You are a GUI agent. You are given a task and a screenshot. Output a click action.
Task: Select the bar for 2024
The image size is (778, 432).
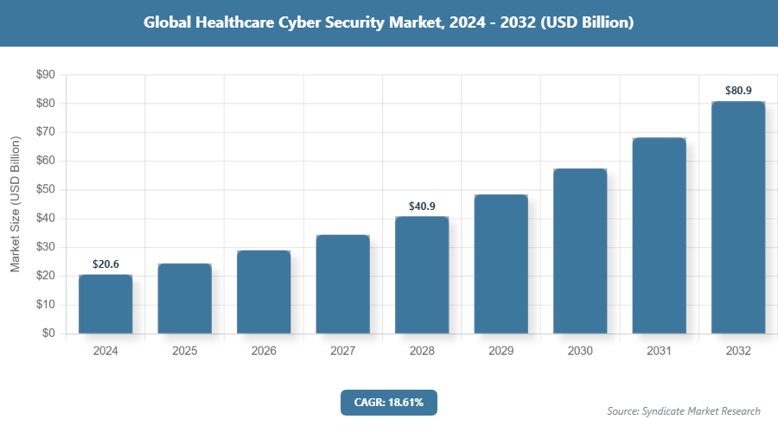click(105, 304)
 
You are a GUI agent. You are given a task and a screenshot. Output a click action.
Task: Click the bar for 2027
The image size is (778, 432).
click(342, 284)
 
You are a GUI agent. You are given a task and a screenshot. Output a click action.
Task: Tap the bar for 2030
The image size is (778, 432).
click(580, 251)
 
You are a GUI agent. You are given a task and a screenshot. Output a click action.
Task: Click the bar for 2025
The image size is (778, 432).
click(184, 298)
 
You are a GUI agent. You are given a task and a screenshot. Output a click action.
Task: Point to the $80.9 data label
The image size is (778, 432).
click(738, 90)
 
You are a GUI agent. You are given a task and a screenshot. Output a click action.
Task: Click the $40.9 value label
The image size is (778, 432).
click(422, 206)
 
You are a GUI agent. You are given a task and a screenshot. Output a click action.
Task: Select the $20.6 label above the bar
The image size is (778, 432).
click(105, 264)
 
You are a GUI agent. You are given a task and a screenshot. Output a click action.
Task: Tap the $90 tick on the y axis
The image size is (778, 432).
click(44, 75)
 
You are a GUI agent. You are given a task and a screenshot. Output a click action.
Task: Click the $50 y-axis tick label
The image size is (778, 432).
click(44, 190)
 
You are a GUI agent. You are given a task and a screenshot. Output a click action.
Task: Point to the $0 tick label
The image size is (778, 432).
click(48, 334)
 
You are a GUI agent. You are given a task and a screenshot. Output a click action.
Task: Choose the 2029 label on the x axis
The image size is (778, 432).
click(501, 352)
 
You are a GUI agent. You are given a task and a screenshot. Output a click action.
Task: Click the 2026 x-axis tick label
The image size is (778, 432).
click(264, 352)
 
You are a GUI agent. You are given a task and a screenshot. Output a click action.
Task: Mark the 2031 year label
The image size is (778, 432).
click(659, 352)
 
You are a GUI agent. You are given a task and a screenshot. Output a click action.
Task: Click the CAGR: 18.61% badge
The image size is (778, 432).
click(389, 402)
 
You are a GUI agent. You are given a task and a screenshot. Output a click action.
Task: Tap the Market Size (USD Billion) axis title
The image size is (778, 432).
click(15, 204)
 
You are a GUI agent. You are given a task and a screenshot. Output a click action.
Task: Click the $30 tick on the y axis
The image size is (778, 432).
click(44, 247)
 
